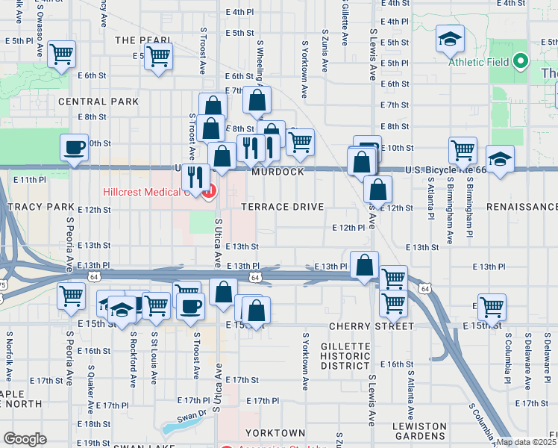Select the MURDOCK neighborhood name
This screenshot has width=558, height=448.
[x=278, y=172]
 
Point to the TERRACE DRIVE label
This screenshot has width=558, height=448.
[x=282, y=207]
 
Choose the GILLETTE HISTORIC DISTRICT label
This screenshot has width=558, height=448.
[x=345, y=356]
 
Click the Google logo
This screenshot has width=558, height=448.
[x=25, y=439]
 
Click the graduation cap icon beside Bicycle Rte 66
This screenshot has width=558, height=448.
[x=500, y=158]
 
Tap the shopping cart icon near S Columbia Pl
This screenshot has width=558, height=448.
[x=492, y=305]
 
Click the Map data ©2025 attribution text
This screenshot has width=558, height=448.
[x=526, y=442]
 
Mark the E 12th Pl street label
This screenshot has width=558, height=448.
[x=348, y=227]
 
